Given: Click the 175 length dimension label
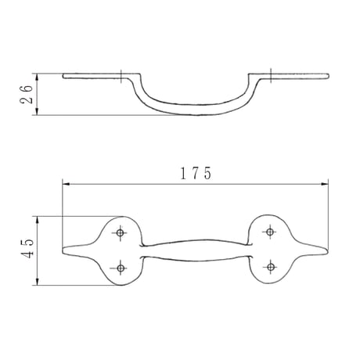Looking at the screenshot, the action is click(196, 174).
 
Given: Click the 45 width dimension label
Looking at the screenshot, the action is click(27, 248).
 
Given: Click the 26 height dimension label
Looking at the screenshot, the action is click(27, 94).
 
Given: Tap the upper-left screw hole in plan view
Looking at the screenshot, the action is click(120, 232).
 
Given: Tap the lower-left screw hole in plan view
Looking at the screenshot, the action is click(121, 268).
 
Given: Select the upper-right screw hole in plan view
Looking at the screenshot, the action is click(270, 232).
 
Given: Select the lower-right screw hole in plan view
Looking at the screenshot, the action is click(271, 267).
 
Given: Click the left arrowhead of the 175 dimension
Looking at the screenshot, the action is click(66, 184).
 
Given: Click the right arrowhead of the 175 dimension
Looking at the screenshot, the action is click(325, 184).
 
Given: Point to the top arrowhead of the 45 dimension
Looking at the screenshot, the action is click(38, 220).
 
